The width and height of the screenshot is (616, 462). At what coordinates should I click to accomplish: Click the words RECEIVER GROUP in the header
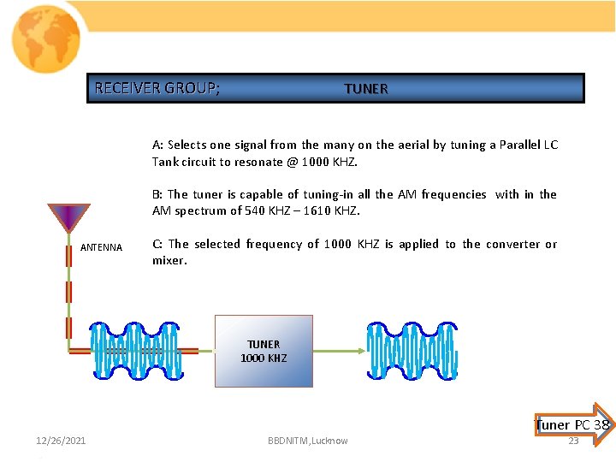point(157,88)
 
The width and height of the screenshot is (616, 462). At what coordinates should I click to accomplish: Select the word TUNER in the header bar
point(365,89)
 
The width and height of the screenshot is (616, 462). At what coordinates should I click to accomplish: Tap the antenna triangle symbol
point(68,216)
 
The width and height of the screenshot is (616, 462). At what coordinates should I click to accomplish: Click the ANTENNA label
point(101,248)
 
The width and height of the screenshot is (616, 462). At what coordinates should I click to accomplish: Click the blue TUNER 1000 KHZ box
point(264,351)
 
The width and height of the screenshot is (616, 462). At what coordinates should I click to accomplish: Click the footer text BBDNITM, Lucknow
point(307,441)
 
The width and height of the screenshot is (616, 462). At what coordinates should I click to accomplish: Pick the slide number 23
point(573,441)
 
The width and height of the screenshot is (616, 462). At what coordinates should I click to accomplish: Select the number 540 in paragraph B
point(252,211)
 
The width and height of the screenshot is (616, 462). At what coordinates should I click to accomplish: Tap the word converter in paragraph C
point(509,244)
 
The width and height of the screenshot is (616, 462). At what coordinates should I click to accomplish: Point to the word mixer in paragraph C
point(169,260)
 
